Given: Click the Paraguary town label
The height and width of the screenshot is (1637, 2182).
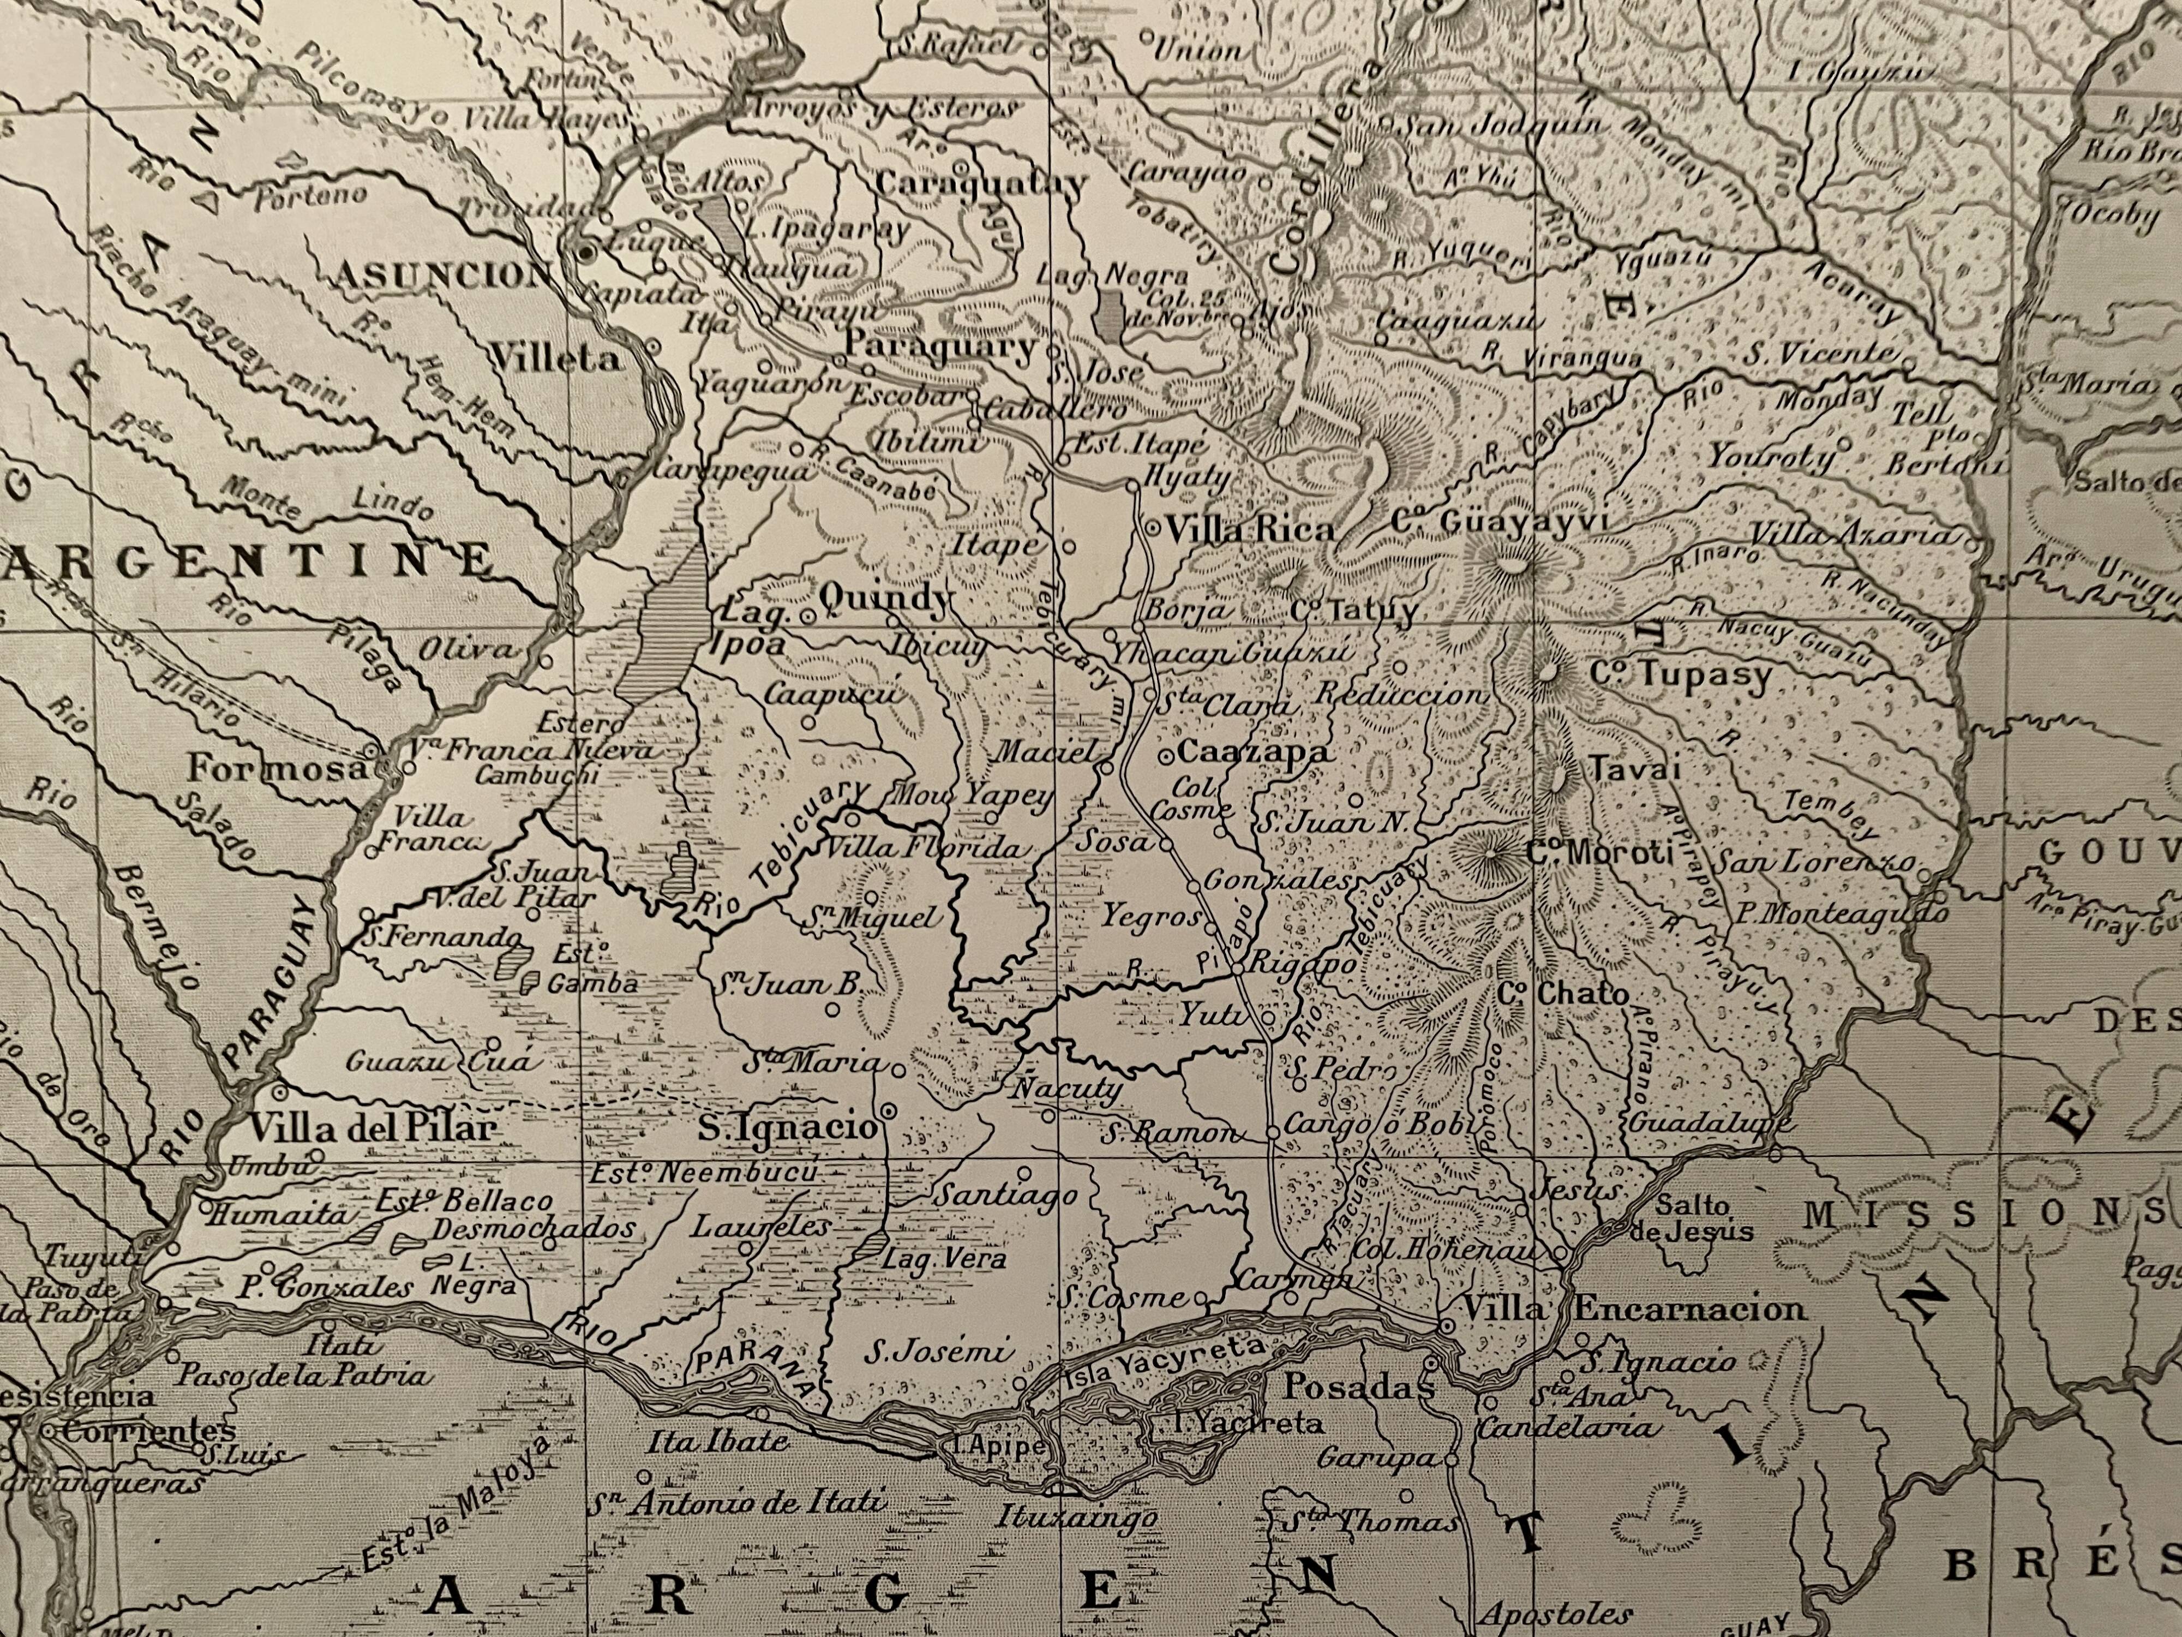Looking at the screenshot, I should coord(942,346).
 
